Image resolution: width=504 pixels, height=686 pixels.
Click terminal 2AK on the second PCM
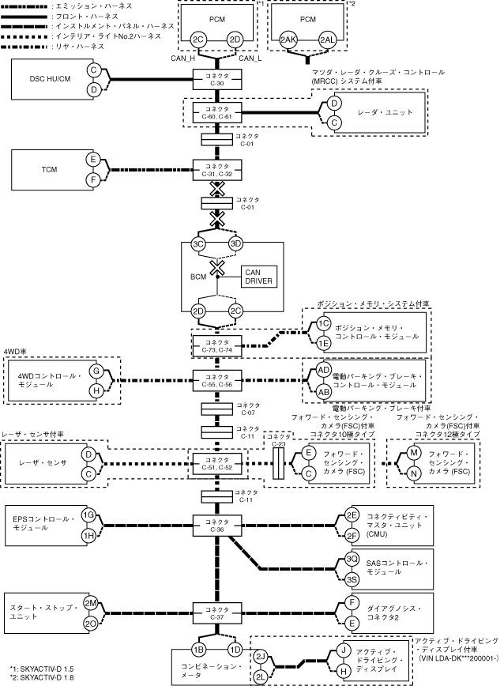(289, 40)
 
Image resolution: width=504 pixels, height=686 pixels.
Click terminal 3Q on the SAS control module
(353, 559)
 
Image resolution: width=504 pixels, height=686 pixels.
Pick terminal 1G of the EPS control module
(89, 514)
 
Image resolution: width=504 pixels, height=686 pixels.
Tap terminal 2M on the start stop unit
(90, 602)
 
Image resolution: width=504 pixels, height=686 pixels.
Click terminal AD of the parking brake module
(323, 370)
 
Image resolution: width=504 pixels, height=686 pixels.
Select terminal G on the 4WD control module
(95, 369)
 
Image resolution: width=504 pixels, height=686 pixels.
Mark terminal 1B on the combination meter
(198, 649)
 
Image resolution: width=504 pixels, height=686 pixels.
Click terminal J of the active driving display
(344, 649)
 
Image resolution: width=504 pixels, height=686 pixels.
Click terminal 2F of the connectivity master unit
(353, 534)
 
